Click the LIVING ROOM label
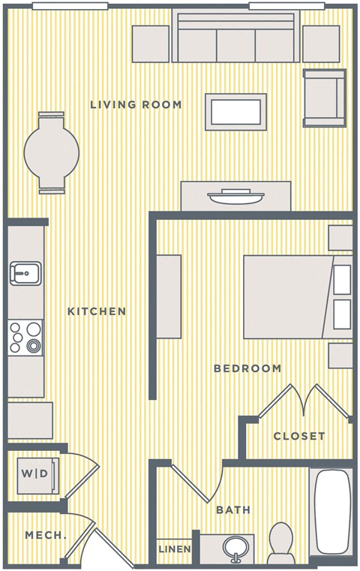[x=136, y=104]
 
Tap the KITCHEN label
[x=97, y=311]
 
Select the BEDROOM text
[x=247, y=368]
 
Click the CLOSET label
[x=299, y=436]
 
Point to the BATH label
[x=233, y=510]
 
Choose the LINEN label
[x=175, y=550]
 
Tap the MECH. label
[x=46, y=535]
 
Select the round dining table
[x=52, y=152]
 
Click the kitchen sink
[x=25, y=274]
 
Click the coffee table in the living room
[x=236, y=112]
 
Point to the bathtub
[x=331, y=512]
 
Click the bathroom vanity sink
[x=237, y=549]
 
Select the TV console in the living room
[x=235, y=197]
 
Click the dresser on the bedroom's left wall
[x=169, y=296]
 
